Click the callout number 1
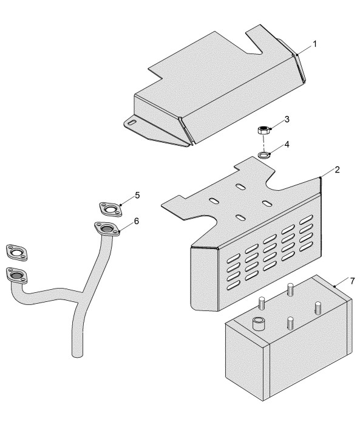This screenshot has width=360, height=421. click(x=315, y=44)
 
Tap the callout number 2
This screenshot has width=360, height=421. click(x=337, y=169)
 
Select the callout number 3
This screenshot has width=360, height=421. click(x=287, y=119)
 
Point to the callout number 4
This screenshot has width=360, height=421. click(x=287, y=145)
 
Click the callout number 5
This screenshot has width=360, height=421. click(x=137, y=196)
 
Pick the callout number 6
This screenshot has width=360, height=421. click(x=137, y=221)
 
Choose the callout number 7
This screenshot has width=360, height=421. click(x=352, y=281)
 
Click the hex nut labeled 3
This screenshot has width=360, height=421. click(x=263, y=131)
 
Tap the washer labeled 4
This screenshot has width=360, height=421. click(x=264, y=155)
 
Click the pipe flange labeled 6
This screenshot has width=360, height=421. click(x=107, y=229)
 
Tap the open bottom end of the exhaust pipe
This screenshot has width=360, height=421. click(x=78, y=355)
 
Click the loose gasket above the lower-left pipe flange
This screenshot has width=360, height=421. click(x=16, y=252)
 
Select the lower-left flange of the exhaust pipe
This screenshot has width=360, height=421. click(x=16, y=275)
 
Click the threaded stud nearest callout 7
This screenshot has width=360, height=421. click(x=318, y=308)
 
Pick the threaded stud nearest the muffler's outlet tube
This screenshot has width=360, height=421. click(x=262, y=303)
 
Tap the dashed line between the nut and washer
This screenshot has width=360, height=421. click(x=264, y=143)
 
